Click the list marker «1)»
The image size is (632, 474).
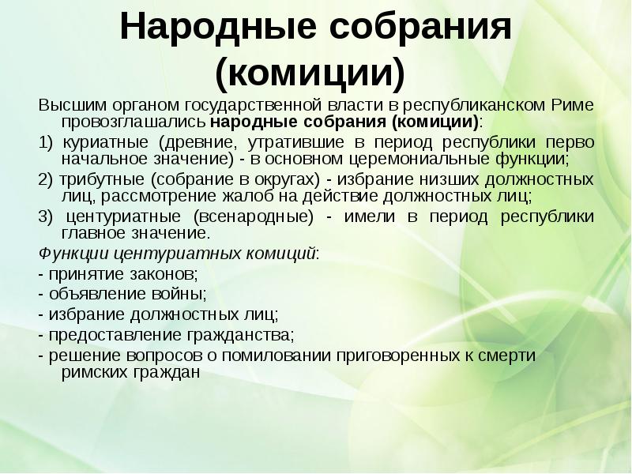coord(46,142)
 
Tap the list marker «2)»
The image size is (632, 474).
coord(46,178)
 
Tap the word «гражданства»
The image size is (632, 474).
coord(237,333)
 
